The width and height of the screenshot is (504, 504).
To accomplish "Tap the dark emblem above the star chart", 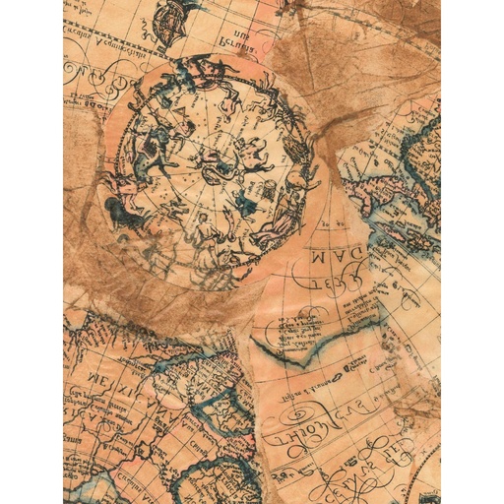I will click(x=173, y=15).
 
